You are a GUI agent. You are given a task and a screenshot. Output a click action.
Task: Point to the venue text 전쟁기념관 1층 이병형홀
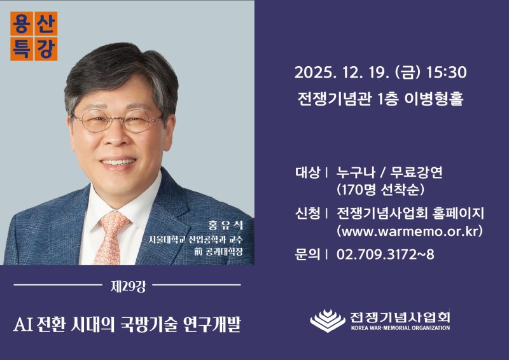click(x=380, y=100)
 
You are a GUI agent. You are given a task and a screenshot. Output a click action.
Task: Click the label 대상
click(x=307, y=173)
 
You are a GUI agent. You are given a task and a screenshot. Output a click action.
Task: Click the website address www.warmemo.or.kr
click(x=409, y=230)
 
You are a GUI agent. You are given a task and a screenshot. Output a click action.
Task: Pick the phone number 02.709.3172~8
click(x=385, y=254)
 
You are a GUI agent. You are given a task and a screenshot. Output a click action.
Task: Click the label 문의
click(x=307, y=254)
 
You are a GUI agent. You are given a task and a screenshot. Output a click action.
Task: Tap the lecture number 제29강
click(x=127, y=286)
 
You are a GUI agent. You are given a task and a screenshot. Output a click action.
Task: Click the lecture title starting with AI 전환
click(x=127, y=325)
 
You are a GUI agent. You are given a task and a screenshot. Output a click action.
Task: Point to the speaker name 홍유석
click(x=222, y=226)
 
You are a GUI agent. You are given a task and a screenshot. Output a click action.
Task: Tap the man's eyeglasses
click(x=118, y=120)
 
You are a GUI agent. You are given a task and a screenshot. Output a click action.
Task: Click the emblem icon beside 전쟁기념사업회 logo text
click(x=328, y=321)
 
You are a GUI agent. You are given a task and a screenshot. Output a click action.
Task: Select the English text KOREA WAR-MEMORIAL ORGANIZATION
click(x=400, y=328)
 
